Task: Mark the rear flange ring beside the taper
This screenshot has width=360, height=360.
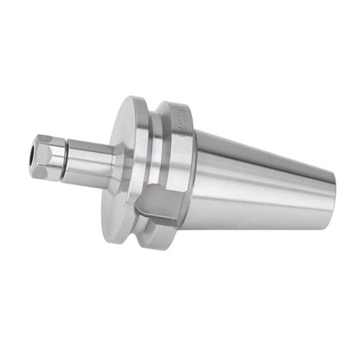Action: [182, 159]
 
